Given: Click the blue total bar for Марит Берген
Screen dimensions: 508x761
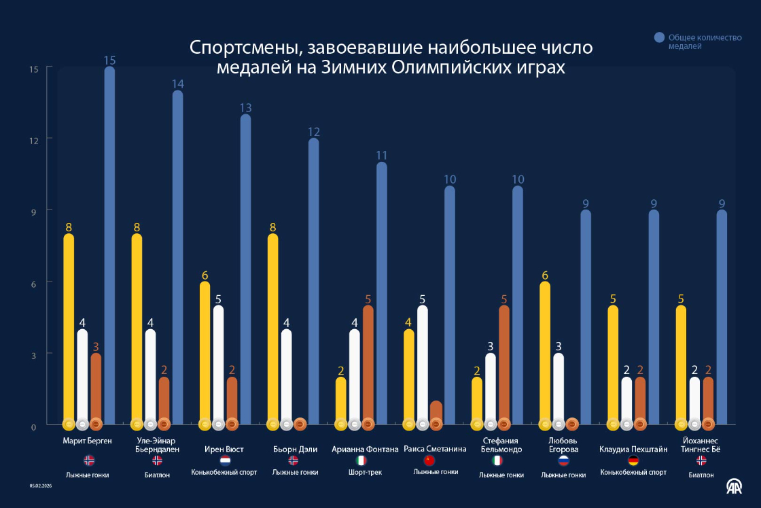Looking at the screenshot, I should (x=109, y=245).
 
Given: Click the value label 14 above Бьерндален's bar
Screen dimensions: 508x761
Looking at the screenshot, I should (x=178, y=84).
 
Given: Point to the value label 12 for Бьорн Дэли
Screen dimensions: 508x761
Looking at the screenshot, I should (x=314, y=131).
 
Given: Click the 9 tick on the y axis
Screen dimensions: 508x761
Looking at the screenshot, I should (x=33, y=211).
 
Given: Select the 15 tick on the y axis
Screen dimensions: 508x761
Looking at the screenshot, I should (x=33, y=69).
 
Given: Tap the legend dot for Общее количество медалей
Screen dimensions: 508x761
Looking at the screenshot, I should (x=659, y=37).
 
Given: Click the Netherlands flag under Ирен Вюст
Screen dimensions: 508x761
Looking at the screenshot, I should (x=225, y=460).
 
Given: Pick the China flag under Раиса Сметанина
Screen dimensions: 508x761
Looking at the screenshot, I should (x=429, y=460).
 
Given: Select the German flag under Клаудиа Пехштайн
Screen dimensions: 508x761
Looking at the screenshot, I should (x=633, y=460).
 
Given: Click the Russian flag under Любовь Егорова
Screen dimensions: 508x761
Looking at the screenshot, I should (x=563, y=460).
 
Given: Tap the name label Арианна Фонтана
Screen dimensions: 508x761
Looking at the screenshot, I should (x=365, y=449).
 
